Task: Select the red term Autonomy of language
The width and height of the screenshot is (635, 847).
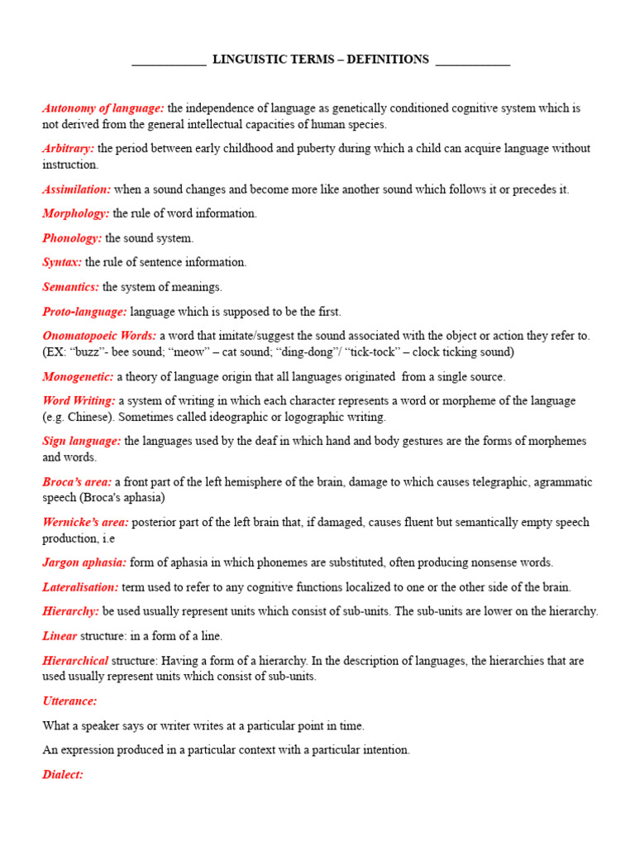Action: coord(103,108)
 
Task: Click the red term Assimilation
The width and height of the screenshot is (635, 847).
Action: coord(77,189)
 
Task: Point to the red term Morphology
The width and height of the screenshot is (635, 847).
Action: coord(75,213)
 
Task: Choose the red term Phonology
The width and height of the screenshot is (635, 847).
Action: coord(72,238)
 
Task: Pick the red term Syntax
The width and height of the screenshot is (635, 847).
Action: coord(62,262)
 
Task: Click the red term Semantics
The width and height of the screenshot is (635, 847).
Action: coord(71,287)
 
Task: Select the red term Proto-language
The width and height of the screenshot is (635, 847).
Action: coord(84,312)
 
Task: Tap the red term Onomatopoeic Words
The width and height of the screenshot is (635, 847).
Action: coord(99,336)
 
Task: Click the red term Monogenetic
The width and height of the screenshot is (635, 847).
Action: coord(78,376)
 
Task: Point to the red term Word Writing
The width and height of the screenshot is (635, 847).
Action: coord(79,400)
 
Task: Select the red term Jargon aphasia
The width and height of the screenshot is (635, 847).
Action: coord(84,562)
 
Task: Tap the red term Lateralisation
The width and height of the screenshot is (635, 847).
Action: coord(80,587)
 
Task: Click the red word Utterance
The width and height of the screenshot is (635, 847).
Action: coord(69,701)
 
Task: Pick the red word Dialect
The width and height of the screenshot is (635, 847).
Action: coord(63,775)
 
